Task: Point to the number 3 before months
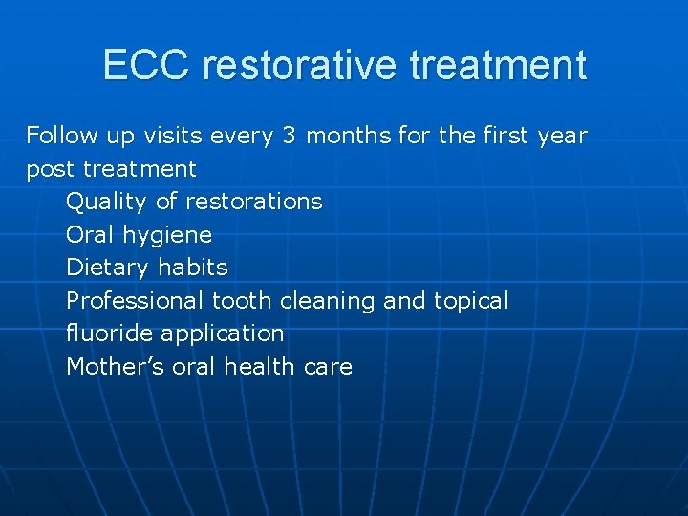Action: point(289,136)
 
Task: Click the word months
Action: point(349,136)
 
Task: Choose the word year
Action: point(562,136)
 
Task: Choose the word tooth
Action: point(243,301)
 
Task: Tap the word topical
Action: point(471,301)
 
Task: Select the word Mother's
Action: point(115,367)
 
